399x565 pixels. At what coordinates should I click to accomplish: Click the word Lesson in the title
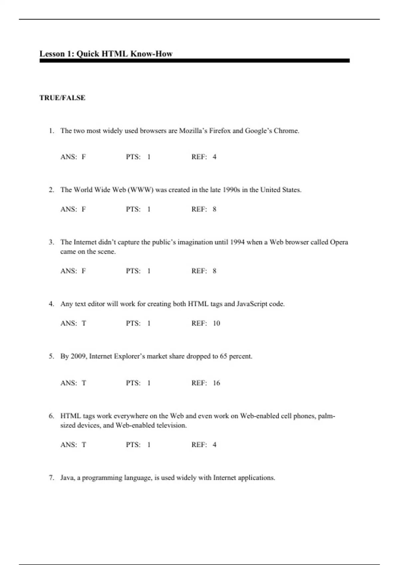point(52,54)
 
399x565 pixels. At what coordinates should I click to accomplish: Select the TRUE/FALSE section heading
point(63,98)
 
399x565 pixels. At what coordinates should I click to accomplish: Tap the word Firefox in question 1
point(220,131)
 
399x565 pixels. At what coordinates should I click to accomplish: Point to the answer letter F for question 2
point(84,209)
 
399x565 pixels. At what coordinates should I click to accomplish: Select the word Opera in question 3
point(339,242)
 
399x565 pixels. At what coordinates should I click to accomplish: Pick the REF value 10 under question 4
point(216,323)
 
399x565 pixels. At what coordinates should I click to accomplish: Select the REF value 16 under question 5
point(216,383)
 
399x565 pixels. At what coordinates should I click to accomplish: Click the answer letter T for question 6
point(84,445)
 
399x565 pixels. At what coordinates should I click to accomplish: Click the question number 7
point(51,478)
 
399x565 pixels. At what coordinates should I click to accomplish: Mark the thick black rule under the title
point(195,61)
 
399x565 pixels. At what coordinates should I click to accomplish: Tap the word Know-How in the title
point(151,54)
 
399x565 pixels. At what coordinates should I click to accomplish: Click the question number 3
point(51,242)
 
